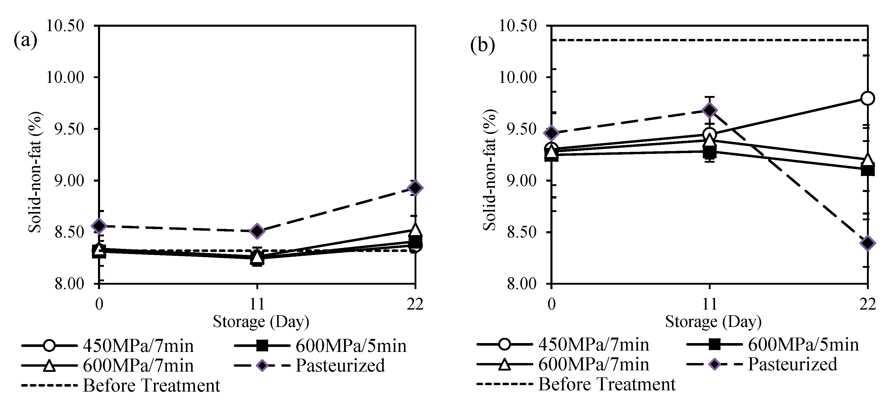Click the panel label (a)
click(25, 41)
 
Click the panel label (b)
click(482, 45)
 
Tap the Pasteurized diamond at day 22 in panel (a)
click(415, 188)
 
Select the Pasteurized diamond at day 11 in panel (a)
click(257, 231)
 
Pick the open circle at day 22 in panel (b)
click(867, 99)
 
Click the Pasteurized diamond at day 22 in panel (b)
click(867, 243)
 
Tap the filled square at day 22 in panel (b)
click(867, 170)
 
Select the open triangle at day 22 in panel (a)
click(415, 230)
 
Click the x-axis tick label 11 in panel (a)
click(257, 304)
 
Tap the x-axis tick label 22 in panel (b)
click(867, 304)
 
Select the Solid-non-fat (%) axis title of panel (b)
click(489, 170)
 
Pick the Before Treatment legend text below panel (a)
click(151, 385)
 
